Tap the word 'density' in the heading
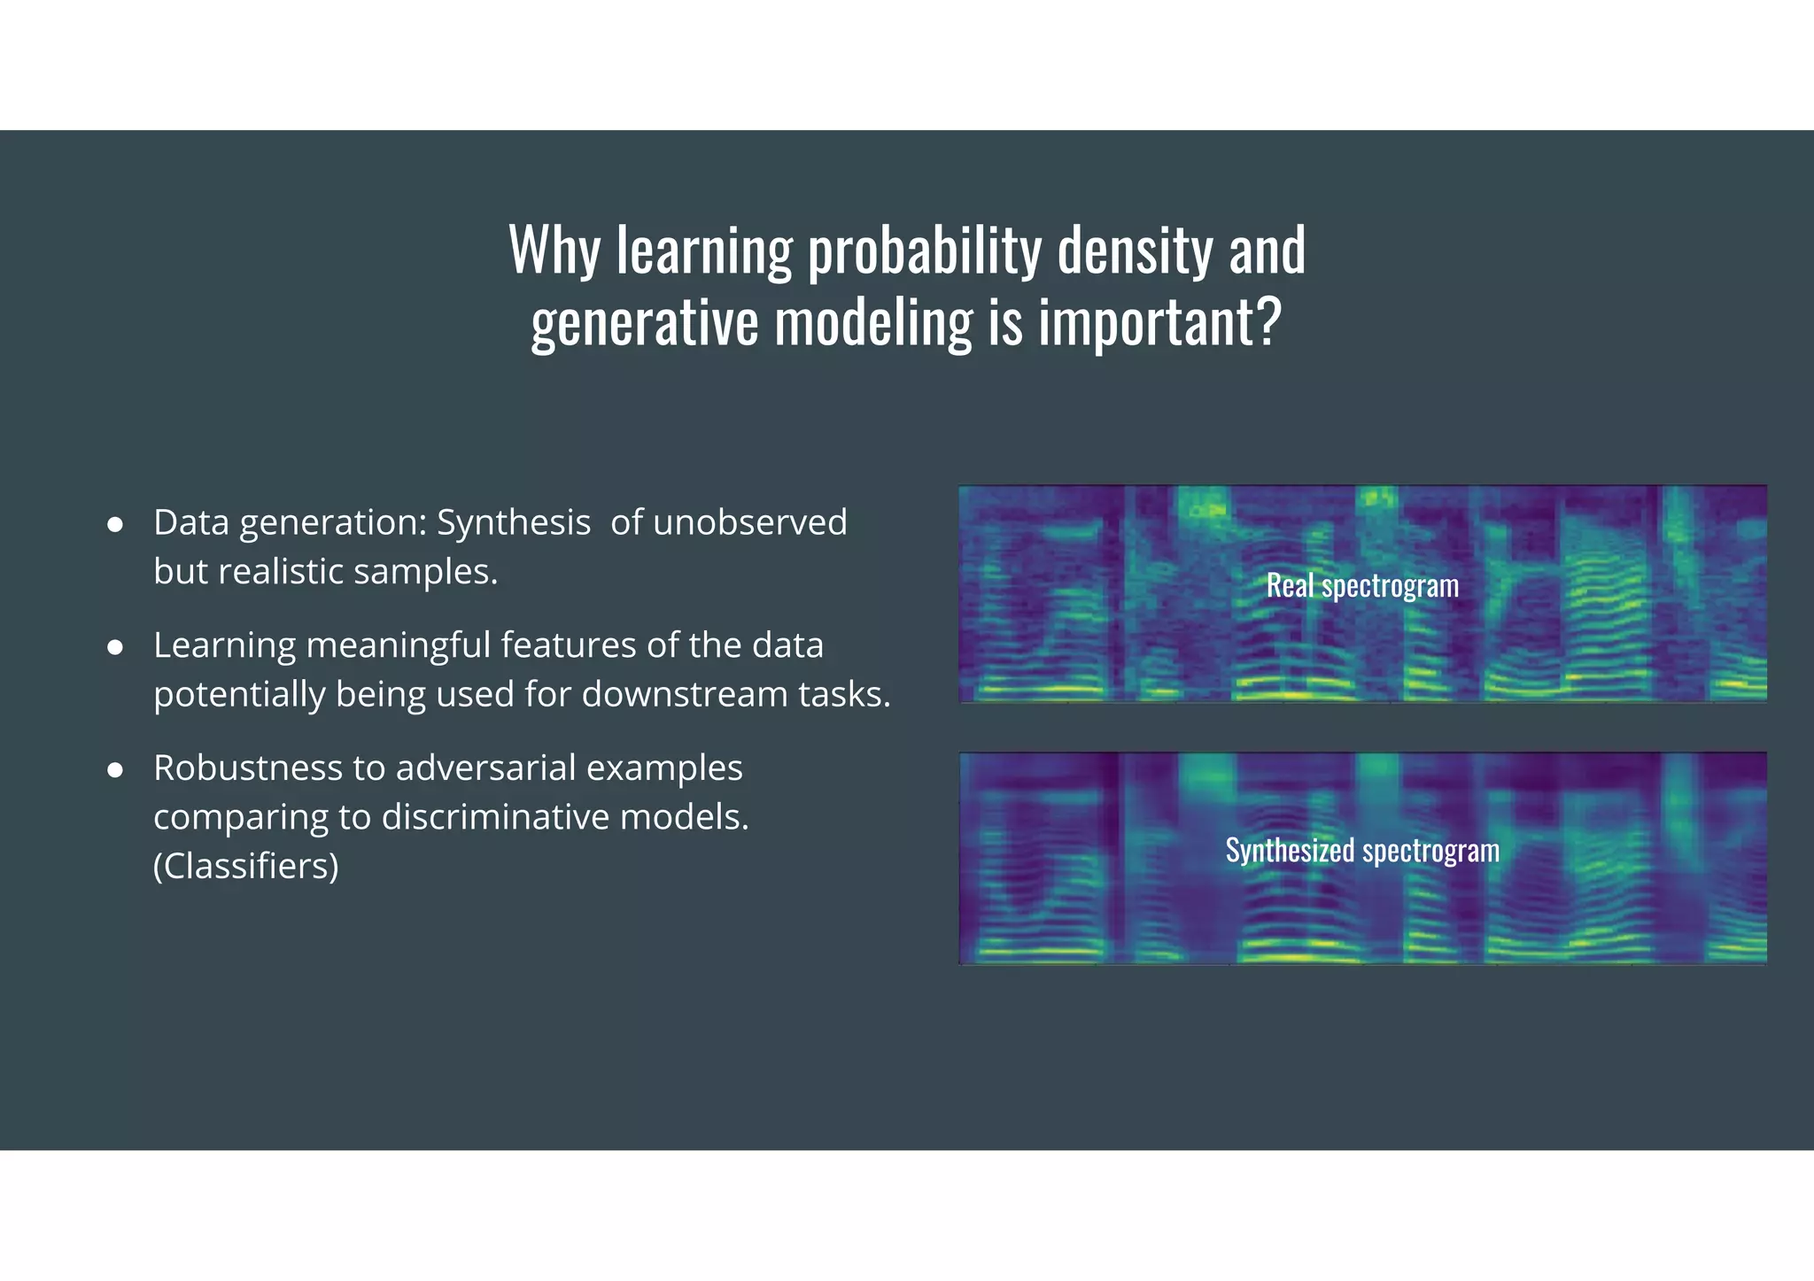[1136, 251]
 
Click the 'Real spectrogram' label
[1362, 586]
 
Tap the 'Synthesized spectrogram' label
[1362, 851]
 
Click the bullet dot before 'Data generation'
[114, 524]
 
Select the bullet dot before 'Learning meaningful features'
[114, 647]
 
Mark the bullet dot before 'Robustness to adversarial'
[114, 770]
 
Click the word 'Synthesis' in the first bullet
[514, 522]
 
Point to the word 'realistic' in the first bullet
[281, 572]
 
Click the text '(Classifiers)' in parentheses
[245, 866]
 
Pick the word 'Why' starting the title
[554, 251]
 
